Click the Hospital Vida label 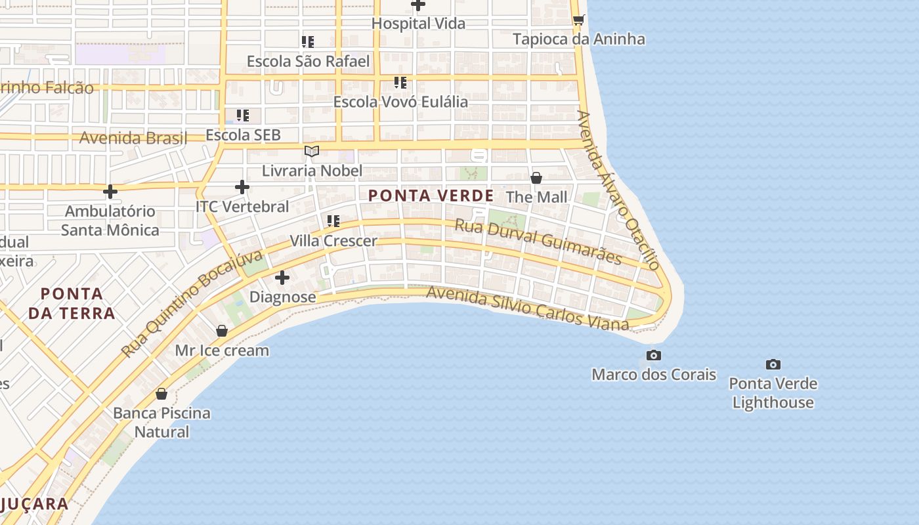(x=418, y=24)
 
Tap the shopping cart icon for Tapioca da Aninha (x=578, y=20)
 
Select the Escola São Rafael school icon (x=307, y=42)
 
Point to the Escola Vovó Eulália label (x=400, y=102)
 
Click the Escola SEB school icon (x=243, y=115)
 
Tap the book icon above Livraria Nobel (x=312, y=152)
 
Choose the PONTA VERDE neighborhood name (x=431, y=196)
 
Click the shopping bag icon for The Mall (x=536, y=178)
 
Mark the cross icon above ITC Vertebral (x=242, y=187)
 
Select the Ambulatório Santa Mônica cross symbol (x=110, y=192)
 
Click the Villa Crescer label (x=333, y=241)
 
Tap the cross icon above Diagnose (x=282, y=278)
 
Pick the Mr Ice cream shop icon (x=222, y=331)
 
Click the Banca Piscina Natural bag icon (x=161, y=394)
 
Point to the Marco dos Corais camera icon (x=654, y=355)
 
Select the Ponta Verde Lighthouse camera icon (x=773, y=364)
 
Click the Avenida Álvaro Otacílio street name (x=618, y=190)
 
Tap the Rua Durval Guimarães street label (x=538, y=241)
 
